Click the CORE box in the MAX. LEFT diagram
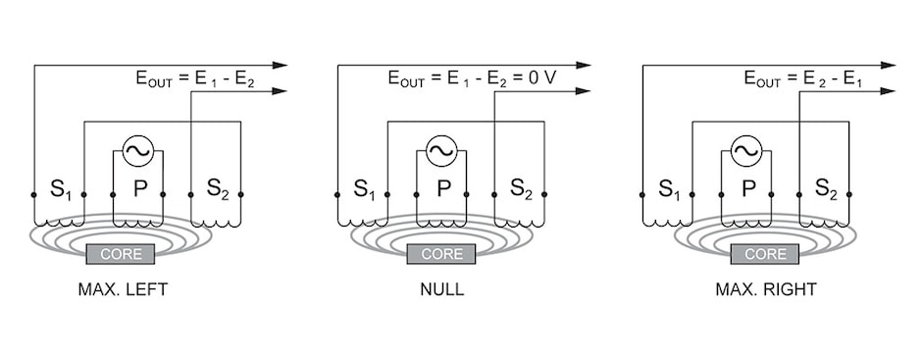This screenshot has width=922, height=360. (128, 255)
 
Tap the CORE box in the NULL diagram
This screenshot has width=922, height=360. (441, 255)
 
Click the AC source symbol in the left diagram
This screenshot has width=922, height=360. (137, 151)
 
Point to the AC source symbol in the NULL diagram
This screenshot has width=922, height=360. (441, 151)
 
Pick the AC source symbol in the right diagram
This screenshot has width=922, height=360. (746, 151)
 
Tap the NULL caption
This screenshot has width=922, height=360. (441, 290)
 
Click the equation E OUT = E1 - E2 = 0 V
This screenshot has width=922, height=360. (472, 77)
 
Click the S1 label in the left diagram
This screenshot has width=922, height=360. (61, 188)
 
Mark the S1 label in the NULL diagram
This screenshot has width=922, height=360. (365, 188)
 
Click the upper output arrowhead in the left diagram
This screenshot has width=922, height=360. (282, 66)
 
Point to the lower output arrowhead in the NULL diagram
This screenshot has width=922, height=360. (586, 91)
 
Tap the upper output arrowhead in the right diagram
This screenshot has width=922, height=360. (890, 66)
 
